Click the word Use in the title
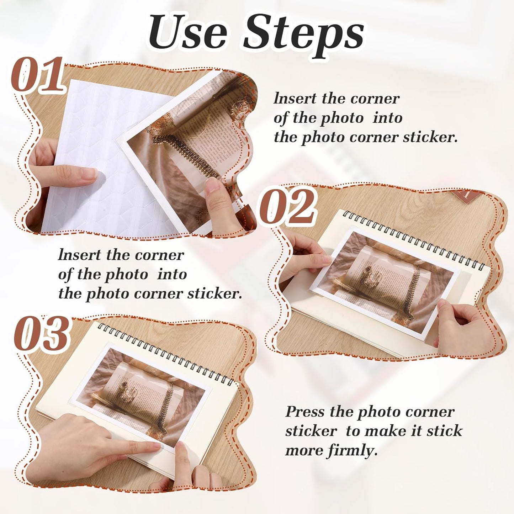click(x=187, y=33)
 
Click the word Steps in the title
click(x=303, y=33)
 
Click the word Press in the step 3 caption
click(x=305, y=412)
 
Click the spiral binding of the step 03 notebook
click(x=167, y=352)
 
